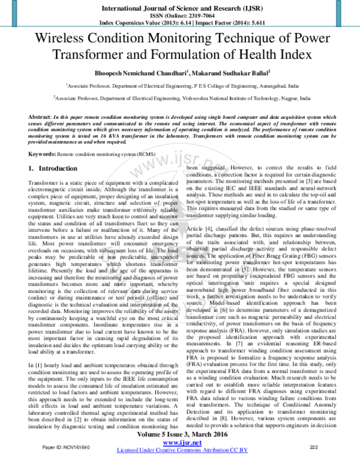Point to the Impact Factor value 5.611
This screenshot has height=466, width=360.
(x=241, y=23)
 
